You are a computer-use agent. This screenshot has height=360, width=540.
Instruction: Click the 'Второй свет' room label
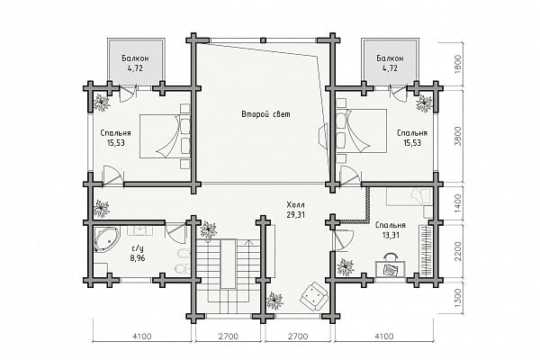[265, 114]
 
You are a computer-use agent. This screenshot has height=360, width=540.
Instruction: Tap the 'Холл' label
[295, 205]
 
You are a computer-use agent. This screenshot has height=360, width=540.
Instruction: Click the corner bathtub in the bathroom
[106, 239]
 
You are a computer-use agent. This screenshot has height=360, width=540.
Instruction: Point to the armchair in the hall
[313, 294]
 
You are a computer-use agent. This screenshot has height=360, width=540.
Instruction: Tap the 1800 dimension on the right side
[458, 64]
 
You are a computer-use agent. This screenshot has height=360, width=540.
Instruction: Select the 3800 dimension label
[458, 136]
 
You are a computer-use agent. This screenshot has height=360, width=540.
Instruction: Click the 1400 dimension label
[458, 202]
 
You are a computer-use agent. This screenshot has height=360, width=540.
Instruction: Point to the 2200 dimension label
[458, 251]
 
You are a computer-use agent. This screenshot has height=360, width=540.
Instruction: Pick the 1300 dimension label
[458, 298]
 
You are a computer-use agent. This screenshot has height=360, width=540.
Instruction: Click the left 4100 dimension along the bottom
[141, 336]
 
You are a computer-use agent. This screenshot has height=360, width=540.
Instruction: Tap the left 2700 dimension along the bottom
[229, 336]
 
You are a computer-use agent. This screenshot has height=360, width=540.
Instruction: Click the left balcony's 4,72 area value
[135, 67]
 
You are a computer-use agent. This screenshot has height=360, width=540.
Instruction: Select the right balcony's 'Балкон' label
[390, 58]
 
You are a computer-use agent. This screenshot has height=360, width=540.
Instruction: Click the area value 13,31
[391, 236]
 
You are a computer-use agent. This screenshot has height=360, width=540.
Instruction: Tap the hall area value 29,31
[295, 214]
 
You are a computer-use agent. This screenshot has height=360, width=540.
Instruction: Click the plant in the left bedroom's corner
[102, 103]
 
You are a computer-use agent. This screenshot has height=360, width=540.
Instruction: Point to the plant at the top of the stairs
[209, 229]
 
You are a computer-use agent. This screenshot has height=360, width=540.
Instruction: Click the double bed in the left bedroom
[165, 137]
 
